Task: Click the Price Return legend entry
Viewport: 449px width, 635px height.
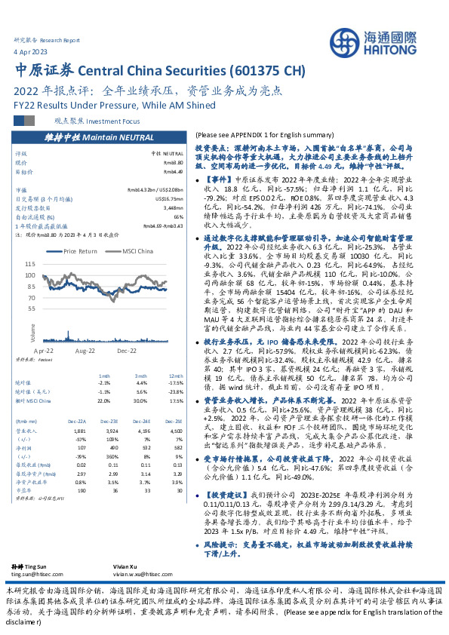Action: (79, 250)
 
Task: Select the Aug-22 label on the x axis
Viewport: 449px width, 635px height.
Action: (85, 351)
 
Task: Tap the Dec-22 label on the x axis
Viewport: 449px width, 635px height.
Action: (125, 351)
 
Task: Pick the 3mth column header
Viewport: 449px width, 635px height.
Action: (105, 376)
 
